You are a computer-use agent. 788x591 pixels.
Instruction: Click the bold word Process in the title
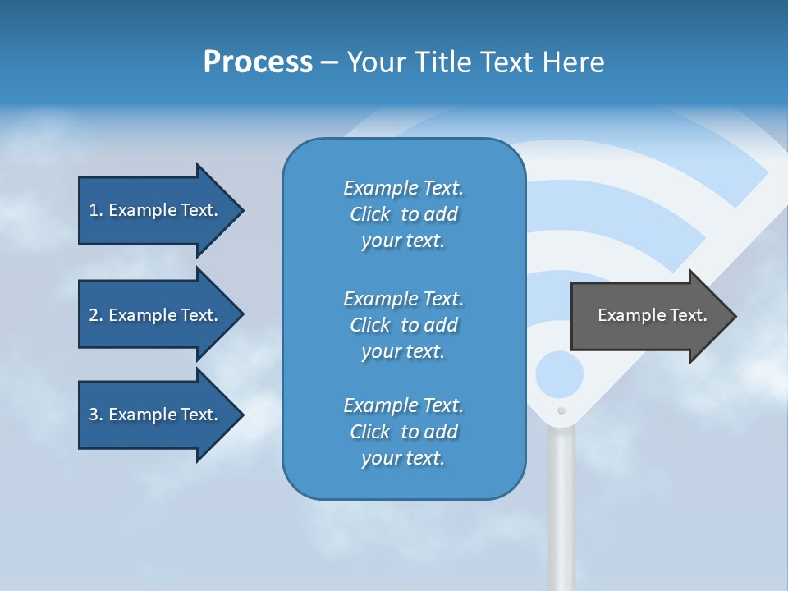pyautogui.click(x=258, y=62)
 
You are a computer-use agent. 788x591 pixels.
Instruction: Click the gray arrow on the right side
pyautogui.click(x=648, y=315)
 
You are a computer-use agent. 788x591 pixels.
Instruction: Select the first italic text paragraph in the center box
pyautogui.click(x=403, y=214)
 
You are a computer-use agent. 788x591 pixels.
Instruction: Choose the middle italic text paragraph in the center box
pyautogui.click(x=403, y=325)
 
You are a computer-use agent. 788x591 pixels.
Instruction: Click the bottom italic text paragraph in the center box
pyautogui.click(x=403, y=432)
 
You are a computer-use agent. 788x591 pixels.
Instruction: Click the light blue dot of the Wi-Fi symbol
pyautogui.click(x=559, y=375)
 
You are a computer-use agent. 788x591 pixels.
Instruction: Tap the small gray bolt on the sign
pyautogui.click(x=561, y=410)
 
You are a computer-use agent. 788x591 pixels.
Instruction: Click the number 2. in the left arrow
pyautogui.click(x=96, y=315)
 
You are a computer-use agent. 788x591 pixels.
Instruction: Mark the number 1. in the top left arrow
pyautogui.click(x=96, y=210)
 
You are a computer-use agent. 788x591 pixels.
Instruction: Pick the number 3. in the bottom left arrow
pyautogui.click(x=96, y=415)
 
